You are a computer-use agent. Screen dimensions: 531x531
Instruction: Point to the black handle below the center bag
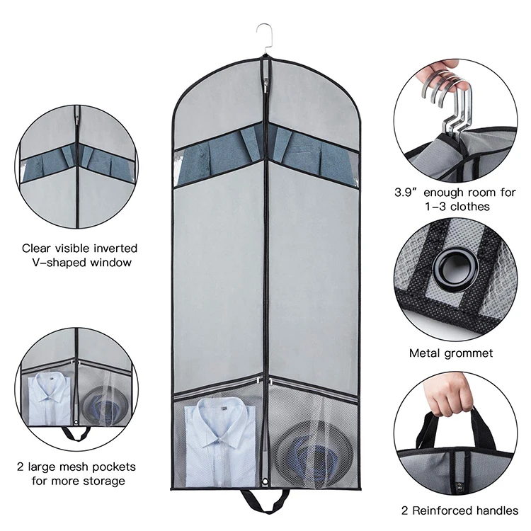point(265,500)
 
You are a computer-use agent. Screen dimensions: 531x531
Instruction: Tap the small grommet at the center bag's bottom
point(265,484)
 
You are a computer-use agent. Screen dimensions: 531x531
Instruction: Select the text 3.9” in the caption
point(406,192)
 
